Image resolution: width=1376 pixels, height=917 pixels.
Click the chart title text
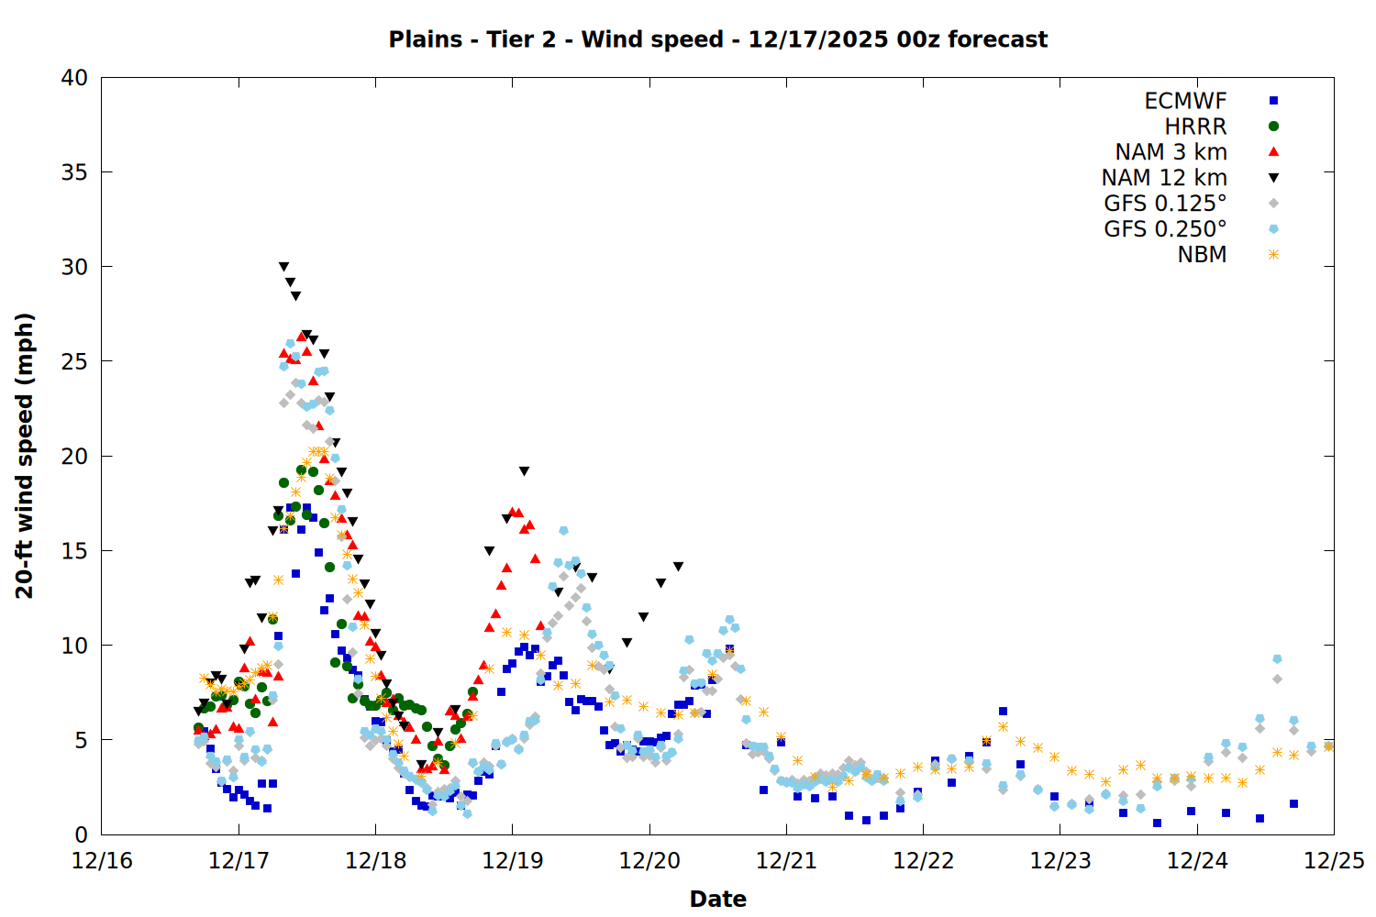point(717,39)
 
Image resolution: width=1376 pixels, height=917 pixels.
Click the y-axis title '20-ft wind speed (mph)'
point(25,456)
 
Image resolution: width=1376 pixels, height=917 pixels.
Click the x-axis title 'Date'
point(717,899)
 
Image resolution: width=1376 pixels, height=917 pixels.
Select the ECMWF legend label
point(1185,101)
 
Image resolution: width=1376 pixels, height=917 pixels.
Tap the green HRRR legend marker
point(1273,127)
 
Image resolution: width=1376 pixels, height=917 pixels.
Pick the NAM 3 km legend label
point(1171,152)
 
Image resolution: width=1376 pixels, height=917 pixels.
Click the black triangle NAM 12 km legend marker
point(1273,178)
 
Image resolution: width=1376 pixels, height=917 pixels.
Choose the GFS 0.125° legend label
point(1165,204)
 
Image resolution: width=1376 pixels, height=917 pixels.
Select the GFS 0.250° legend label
point(1165,229)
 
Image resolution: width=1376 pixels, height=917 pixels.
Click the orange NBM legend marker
point(1273,255)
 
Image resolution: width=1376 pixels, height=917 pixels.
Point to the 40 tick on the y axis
point(74,78)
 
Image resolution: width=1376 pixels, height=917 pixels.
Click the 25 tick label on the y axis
point(74,361)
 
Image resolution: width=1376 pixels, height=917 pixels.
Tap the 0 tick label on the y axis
point(81,834)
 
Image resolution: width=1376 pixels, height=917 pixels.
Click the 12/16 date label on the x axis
point(102,861)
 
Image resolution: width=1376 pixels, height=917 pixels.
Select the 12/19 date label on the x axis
point(512,861)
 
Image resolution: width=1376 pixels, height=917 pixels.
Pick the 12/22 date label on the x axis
point(923,861)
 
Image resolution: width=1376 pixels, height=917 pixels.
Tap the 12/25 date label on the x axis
point(1334,861)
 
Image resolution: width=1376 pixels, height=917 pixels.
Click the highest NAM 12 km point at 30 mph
point(283,267)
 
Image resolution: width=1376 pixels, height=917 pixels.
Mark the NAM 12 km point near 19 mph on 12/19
point(524,471)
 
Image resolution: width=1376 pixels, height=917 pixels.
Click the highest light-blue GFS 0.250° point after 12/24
point(1277,659)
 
